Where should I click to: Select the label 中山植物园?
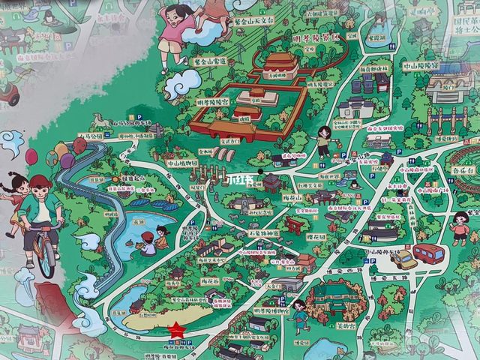[x=182, y=163]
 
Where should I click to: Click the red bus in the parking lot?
[x=428, y=253]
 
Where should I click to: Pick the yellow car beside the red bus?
[x=404, y=259]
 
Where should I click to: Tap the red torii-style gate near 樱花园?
[x=295, y=224]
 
